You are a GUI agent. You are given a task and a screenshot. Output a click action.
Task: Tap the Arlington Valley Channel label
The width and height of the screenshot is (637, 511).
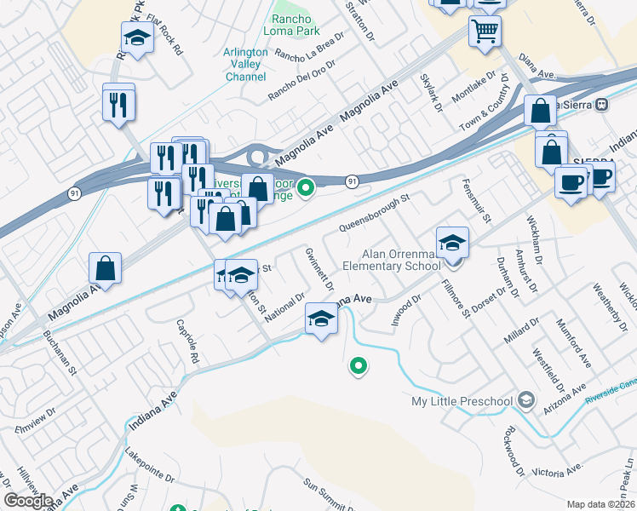[245, 64]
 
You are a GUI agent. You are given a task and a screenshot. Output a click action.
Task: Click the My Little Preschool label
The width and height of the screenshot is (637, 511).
[462, 401]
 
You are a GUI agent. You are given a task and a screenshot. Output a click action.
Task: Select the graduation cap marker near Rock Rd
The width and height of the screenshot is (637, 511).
[137, 38]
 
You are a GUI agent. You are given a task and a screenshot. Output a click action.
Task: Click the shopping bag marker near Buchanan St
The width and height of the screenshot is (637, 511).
[105, 268]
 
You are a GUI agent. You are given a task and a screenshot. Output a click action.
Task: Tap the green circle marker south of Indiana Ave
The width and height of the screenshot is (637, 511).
[359, 366]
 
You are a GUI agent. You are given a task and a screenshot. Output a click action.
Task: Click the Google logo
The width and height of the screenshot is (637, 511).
[29, 501]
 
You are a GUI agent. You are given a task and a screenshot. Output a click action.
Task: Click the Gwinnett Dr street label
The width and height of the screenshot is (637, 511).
[317, 268]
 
